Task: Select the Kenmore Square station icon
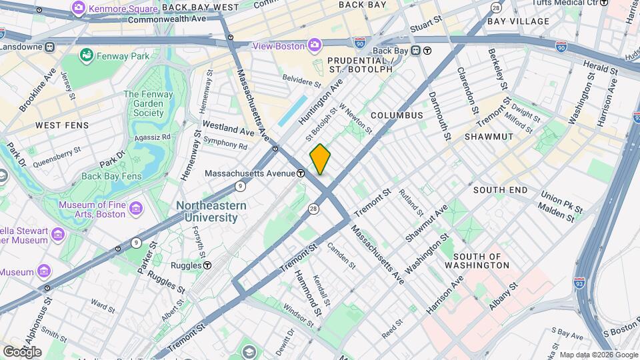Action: click(x=79, y=7)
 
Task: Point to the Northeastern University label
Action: click(x=207, y=211)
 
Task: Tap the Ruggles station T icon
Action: click(x=207, y=265)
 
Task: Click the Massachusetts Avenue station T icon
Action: click(x=301, y=173)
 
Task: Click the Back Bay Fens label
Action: click(x=111, y=176)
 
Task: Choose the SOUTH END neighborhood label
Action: click(x=501, y=190)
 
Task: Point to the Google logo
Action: click(x=21, y=351)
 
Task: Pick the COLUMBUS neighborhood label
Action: click(x=397, y=115)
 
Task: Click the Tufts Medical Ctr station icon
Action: click(x=604, y=3)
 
